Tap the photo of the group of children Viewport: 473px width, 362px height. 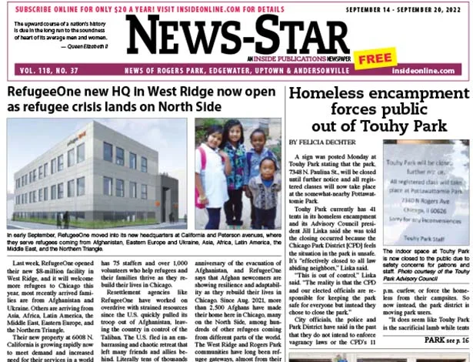tap(236, 173)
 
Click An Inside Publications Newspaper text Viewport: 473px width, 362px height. tap(299, 59)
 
